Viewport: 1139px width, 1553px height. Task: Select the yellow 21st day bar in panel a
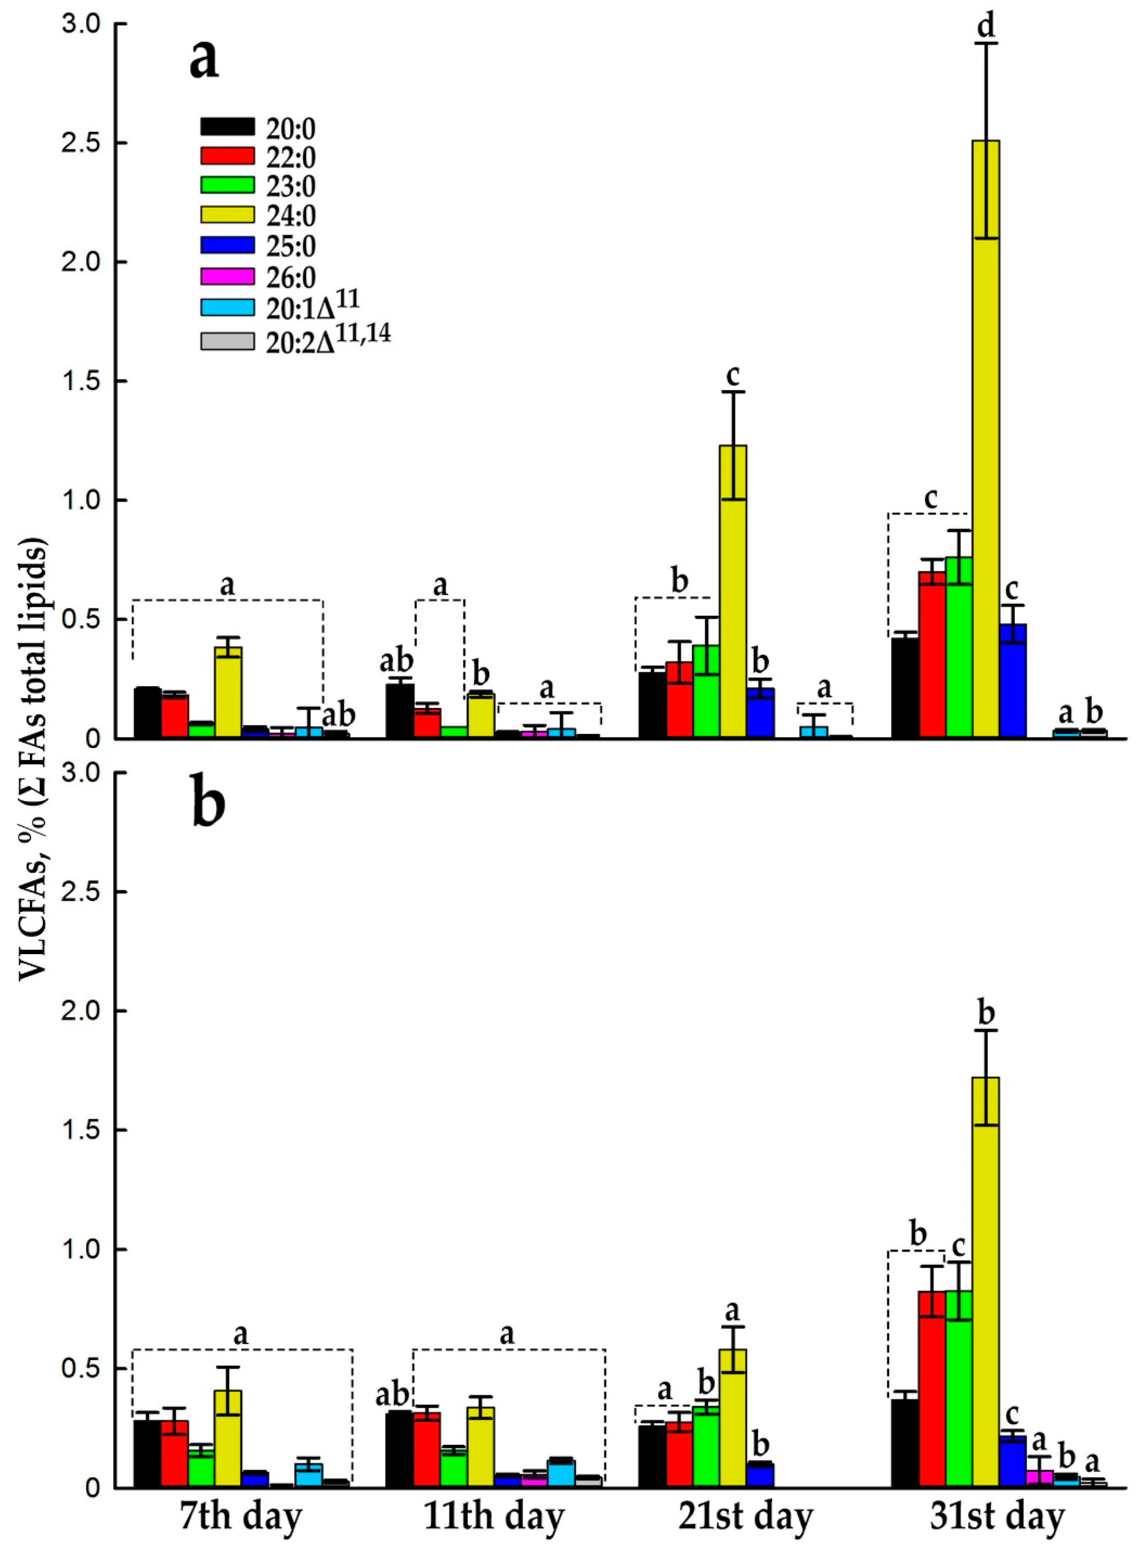click(733, 593)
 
